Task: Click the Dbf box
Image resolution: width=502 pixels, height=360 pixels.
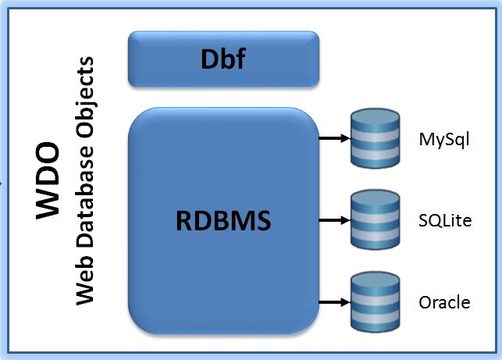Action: click(223, 59)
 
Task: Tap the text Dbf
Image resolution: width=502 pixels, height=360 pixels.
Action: click(223, 59)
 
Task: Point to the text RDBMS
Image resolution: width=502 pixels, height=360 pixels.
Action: click(223, 221)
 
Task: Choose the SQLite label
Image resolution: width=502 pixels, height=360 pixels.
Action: click(445, 221)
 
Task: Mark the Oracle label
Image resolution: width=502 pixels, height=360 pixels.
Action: click(444, 302)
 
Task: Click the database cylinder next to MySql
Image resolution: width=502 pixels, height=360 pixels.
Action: click(375, 139)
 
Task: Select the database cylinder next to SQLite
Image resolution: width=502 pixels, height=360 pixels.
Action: click(375, 220)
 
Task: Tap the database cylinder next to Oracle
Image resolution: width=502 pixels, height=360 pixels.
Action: click(375, 301)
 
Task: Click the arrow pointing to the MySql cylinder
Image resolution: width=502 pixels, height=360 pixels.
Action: click(334, 140)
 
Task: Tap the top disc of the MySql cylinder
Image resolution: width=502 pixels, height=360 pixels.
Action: click(375, 118)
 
